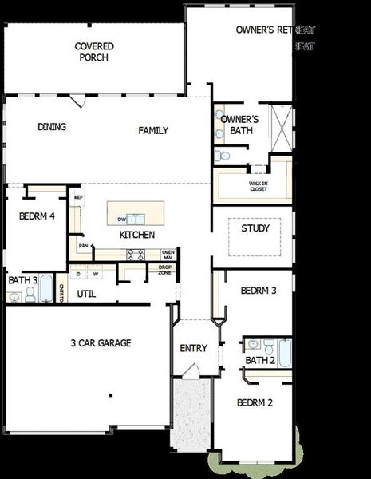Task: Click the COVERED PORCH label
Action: (x=93, y=52)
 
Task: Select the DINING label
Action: (x=52, y=127)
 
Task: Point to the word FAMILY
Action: (x=153, y=130)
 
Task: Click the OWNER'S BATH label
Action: (x=233, y=124)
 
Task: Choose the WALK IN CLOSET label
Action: (x=258, y=187)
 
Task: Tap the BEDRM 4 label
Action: (x=36, y=216)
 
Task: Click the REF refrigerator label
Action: (x=78, y=197)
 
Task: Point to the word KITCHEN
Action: (x=136, y=236)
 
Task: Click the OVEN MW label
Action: (x=168, y=255)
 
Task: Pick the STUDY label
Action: (x=255, y=228)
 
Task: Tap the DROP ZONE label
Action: (x=164, y=271)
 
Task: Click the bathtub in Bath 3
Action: (x=46, y=288)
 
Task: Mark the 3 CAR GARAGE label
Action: (x=101, y=343)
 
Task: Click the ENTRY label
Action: (x=193, y=348)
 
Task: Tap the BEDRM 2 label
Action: (x=255, y=402)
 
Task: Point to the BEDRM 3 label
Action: (x=259, y=290)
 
